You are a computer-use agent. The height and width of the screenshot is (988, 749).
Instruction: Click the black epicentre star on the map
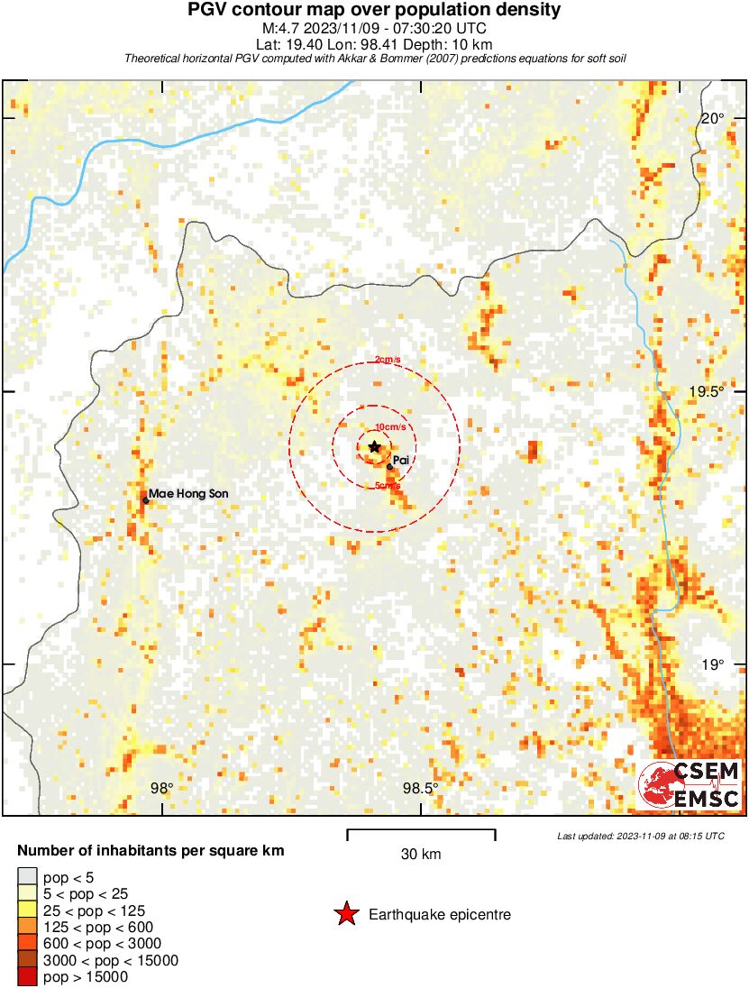pos(375,446)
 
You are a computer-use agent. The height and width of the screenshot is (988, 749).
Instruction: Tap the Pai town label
pos(402,460)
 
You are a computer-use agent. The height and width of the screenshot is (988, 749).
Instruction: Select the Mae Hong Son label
pos(188,493)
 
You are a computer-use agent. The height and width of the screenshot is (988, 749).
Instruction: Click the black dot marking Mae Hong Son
pos(145,499)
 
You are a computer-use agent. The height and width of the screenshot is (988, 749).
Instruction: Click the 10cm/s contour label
pos(389,426)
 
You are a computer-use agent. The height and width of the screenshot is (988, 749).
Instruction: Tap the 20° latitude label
pos(713,118)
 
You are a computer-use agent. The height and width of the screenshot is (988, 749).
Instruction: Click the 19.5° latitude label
pos(707,391)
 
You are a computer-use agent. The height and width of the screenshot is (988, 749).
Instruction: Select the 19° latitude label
pos(713,664)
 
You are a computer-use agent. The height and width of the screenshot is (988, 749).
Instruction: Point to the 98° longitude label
pos(161,788)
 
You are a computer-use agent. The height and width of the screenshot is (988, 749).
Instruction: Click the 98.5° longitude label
pos(420,788)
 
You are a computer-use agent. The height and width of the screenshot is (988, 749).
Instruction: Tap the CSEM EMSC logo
pos(690,784)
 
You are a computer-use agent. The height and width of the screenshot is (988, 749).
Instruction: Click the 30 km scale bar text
pos(421,854)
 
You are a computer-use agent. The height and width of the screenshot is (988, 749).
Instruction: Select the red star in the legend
pos(345,914)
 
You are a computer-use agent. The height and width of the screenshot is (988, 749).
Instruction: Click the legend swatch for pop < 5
pos(28,877)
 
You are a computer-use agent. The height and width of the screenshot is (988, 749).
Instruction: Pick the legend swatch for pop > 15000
pos(28,977)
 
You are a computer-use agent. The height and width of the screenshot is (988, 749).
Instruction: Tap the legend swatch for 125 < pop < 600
pos(28,927)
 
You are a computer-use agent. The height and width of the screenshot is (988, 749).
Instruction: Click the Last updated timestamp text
pos(640,836)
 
